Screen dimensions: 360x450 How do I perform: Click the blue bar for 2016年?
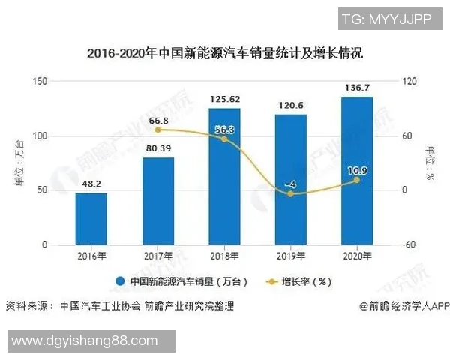[x=91, y=219]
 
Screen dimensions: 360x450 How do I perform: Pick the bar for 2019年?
[x=290, y=179]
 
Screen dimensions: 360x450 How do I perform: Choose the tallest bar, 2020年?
[x=356, y=170]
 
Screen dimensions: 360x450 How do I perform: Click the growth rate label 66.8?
[x=157, y=121]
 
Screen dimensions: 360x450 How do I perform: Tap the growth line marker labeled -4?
[x=290, y=194]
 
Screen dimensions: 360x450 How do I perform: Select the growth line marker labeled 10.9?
[x=356, y=180]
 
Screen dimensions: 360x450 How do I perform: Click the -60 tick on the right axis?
[x=409, y=245]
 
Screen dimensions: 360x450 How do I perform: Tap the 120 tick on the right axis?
[x=409, y=82]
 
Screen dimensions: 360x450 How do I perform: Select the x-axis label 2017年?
[x=157, y=256]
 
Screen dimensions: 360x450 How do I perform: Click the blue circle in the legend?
[x=119, y=282]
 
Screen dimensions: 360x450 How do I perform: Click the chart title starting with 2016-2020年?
[x=224, y=53]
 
